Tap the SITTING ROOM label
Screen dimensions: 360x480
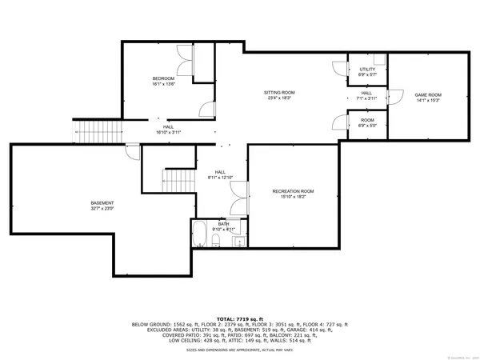pos(280,93)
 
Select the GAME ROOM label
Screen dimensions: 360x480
pos(427,95)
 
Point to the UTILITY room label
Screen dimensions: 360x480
pos(367,70)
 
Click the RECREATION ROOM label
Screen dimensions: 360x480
pos(293,191)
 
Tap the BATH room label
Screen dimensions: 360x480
pos(213,224)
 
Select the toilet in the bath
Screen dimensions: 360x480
pos(216,240)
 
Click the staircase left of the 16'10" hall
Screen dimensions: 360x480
pos(94,129)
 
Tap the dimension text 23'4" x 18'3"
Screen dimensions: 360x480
pos(280,99)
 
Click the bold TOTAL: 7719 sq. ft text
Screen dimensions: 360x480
pos(240,318)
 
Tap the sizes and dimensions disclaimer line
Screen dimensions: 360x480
pos(240,350)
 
